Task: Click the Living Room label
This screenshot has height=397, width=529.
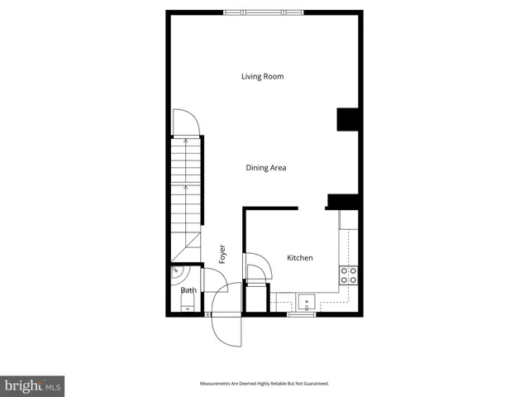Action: coord(262,77)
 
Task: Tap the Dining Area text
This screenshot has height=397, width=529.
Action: coord(266,168)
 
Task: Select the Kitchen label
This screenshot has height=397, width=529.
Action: coord(299,258)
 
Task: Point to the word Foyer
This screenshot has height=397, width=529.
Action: coord(222,254)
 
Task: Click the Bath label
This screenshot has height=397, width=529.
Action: coord(188,290)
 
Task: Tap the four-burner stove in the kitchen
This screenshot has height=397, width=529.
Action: coord(349,275)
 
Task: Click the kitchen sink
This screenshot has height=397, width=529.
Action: coord(306,301)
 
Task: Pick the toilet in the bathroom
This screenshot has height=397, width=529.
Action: coord(187,308)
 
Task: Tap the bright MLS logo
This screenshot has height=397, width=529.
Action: coord(32,385)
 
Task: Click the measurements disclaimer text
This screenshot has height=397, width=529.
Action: coord(264,384)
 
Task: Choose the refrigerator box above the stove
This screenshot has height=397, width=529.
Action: coord(349,220)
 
